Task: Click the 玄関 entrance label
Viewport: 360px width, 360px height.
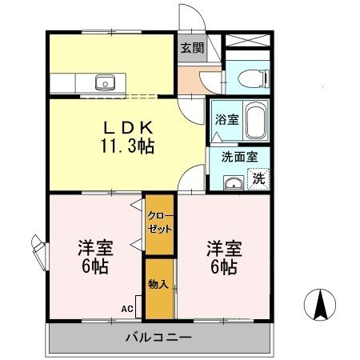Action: coord(190,46)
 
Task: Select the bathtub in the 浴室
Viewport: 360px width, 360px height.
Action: coord(255,121)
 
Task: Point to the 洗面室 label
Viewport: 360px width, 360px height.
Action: coord(239,157)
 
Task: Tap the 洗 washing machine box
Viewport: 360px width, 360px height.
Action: coord(259,178)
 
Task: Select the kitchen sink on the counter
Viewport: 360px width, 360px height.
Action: coord(105,81)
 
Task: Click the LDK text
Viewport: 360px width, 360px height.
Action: coord(126,128)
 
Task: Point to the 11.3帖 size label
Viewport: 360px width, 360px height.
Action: coord(126,146)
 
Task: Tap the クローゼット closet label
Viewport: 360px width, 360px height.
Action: coord(156,222)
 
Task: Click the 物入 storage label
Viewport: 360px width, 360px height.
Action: coord(157,283)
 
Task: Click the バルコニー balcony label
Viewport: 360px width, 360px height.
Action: coord(158,337)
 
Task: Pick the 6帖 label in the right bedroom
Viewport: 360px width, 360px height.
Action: coord(223,266)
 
